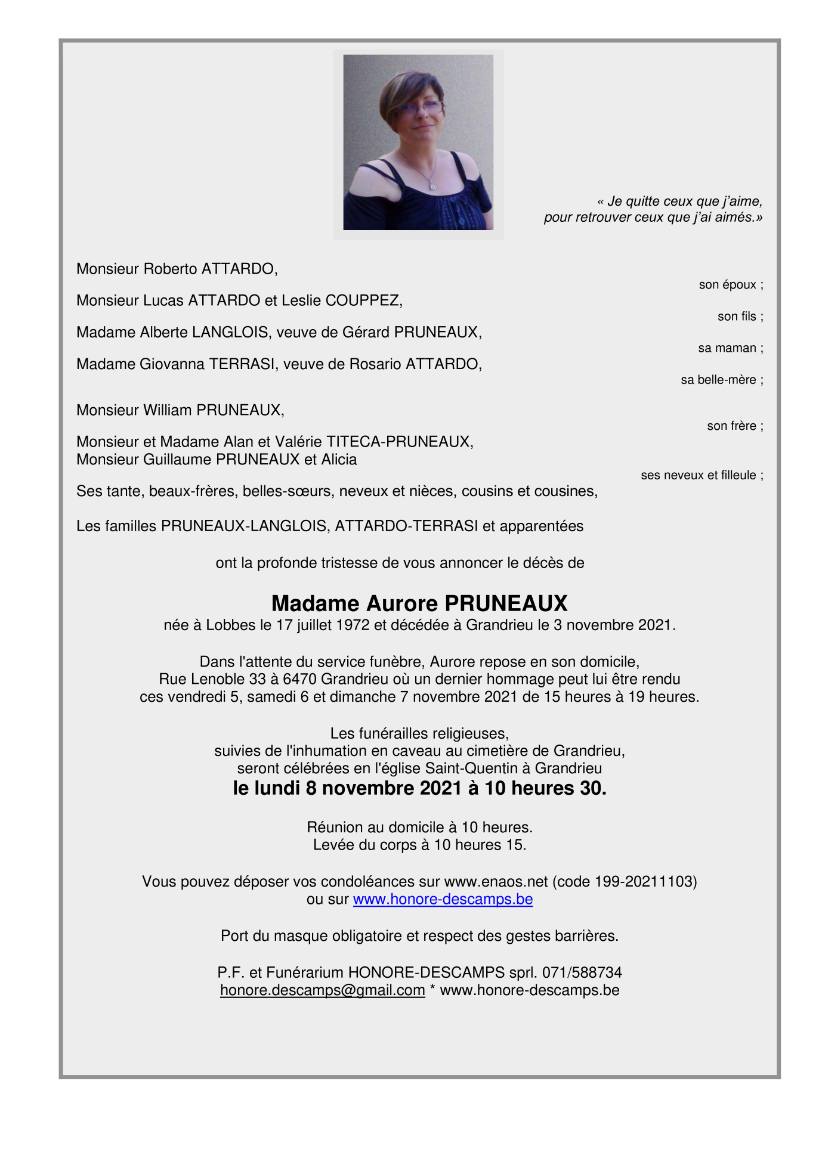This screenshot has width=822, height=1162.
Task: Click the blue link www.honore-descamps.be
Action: pyautogui.click(x=443, y=899)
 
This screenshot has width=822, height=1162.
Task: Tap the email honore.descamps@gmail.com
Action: pyautogui.click(x=322, y=990)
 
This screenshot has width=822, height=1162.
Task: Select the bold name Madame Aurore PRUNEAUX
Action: pyautogui.click(x=419, y=603)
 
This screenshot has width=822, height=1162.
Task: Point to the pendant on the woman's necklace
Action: pyautogui.click(x=432, y=185)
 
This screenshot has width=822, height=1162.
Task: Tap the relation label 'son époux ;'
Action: pyautogui.click(x=731, y=285)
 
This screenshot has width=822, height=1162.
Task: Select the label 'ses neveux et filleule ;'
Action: pyautogui.click(x=702, y=475)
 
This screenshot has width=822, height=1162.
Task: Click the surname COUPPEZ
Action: pyautogui.click(x=363, y=300)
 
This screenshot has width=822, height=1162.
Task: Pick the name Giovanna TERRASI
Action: pyautogui.click(x=207, y=364)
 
